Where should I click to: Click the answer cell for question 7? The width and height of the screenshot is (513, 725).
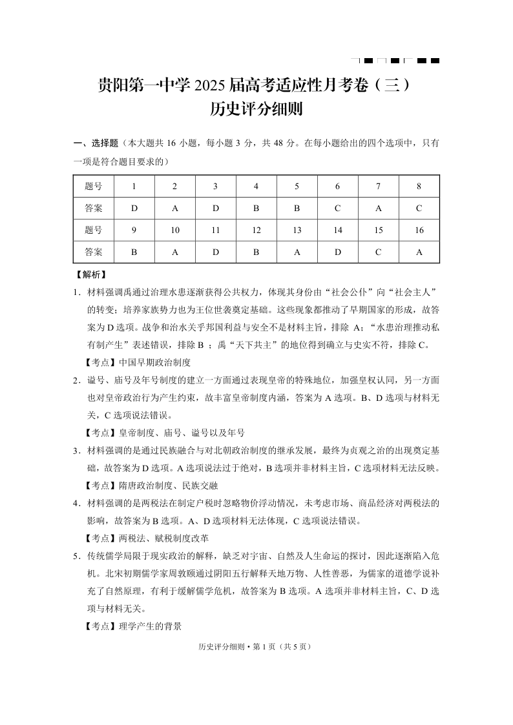pos(378,209)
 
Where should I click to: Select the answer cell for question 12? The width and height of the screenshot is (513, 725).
pos(256,252)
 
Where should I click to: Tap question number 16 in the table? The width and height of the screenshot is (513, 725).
pos(419,230)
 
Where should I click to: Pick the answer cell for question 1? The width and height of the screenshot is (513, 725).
pos(134,209)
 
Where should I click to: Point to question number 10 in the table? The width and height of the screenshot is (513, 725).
pos(174,230)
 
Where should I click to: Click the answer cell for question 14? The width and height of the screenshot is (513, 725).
pos(337,252)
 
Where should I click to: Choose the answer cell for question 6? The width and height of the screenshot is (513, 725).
pos(337,209)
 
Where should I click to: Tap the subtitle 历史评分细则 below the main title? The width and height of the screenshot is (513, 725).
pos(256,110)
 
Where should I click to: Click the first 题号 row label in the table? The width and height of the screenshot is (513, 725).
pos(93,187)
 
